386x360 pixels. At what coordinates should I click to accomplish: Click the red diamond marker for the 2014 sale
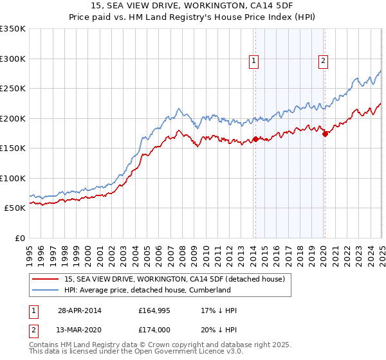coord(255,139)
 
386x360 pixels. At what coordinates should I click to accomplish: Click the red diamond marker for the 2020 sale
coord(325,134)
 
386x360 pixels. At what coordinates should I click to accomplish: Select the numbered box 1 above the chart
coord(255,62)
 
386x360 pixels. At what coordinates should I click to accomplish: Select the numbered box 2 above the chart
coord(323,62)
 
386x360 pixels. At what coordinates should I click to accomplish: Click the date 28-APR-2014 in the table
coord(79,310)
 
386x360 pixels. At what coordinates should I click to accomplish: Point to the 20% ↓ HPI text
coord(219,330)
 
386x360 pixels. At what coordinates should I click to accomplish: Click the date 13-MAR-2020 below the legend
coord(79,330)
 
